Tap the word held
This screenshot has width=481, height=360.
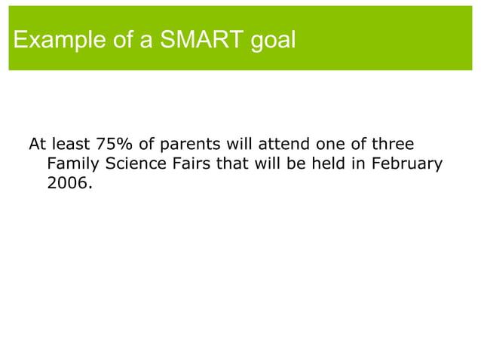point(326,163)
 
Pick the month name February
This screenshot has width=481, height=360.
point(408,163)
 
